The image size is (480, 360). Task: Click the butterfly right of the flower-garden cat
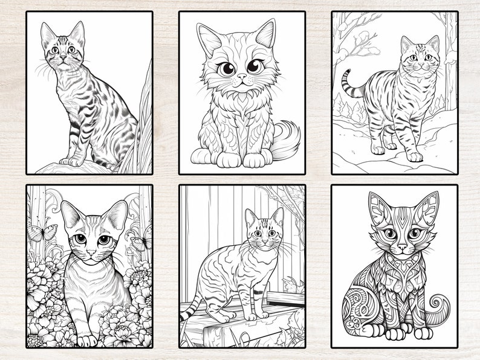tap(141, 242)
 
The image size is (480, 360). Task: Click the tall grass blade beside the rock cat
tap(145, 121)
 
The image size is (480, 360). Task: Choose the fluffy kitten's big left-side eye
tap(228, 67)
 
